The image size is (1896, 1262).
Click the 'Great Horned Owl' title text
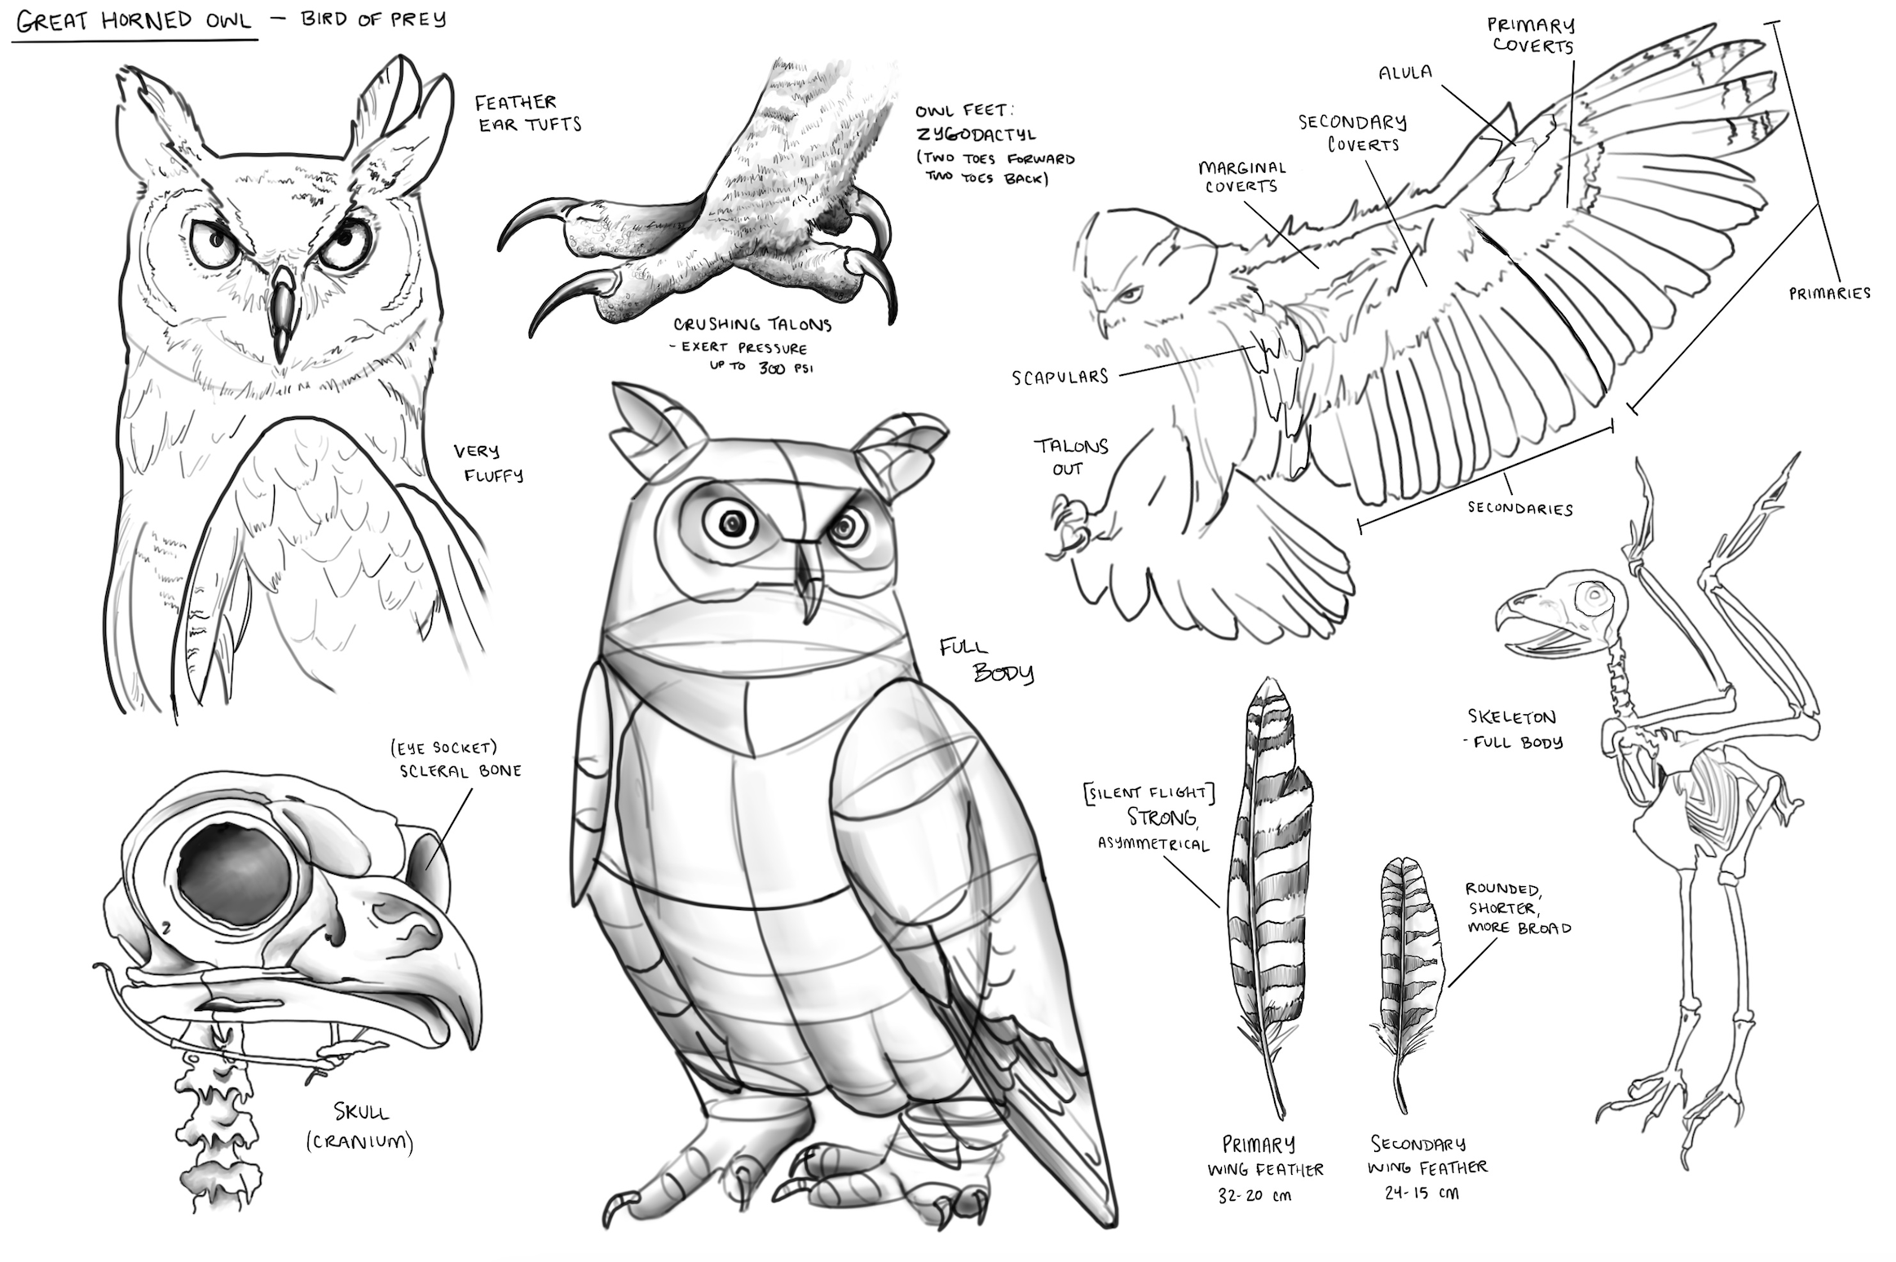134,21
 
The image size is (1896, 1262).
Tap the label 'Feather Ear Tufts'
527,113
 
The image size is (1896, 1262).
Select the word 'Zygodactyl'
976,134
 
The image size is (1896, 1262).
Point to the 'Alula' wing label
1404,73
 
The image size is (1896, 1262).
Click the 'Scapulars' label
1060,377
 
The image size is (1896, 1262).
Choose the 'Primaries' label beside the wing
1829,293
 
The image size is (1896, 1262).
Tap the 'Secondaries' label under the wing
1519,509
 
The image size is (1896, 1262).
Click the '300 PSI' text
783,368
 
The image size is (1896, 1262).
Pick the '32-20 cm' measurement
1254,1196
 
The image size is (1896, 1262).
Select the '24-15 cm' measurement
1422,1194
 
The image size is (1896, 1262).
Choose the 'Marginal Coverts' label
1241,177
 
